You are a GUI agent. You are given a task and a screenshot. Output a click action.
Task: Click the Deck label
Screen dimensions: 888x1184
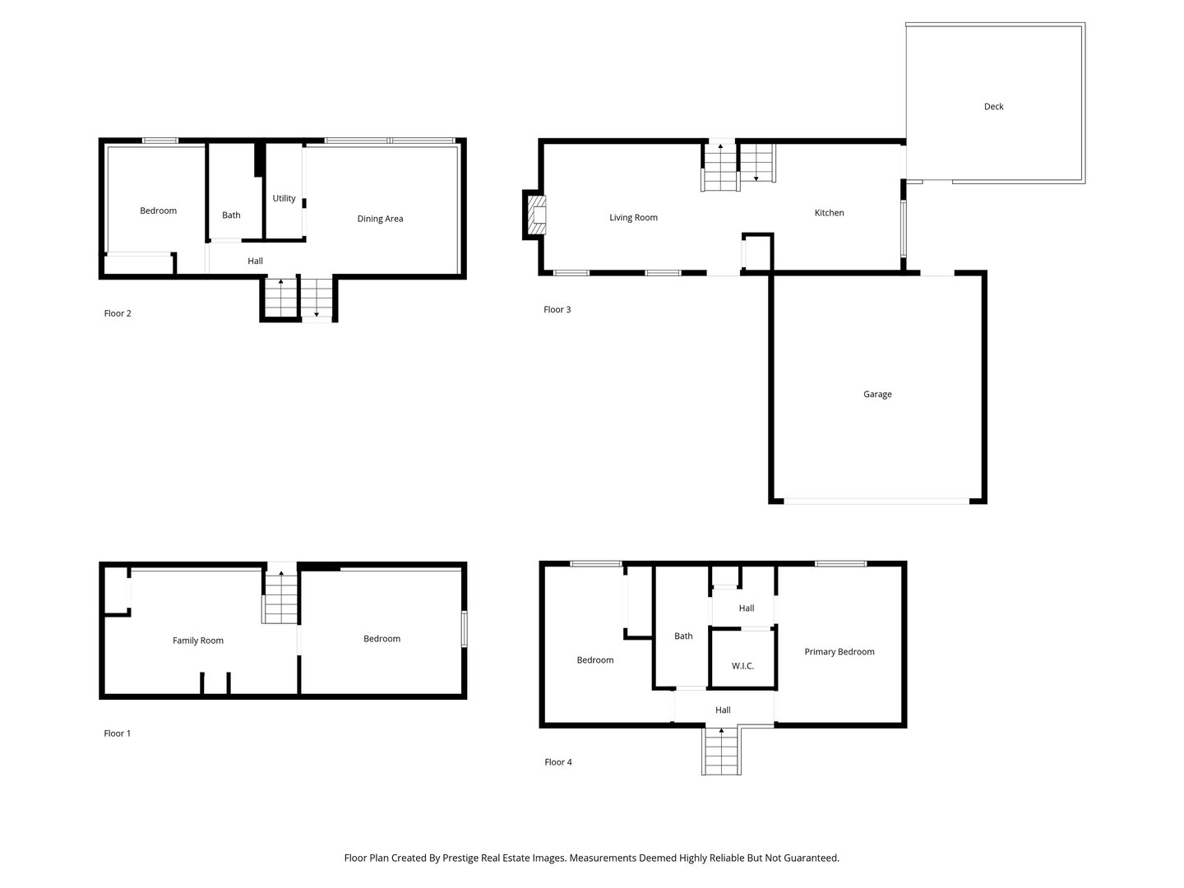(x=993, y=106)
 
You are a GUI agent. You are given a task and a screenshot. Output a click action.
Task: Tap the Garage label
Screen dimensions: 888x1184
(x=876, y=395)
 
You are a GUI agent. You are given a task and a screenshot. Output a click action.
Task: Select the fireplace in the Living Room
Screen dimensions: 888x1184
(x=536, y=215)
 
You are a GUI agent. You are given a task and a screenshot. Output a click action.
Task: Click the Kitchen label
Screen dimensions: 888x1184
(x=829, y=213)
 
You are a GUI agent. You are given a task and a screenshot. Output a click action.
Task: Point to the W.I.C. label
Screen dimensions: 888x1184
(x=742, y=666)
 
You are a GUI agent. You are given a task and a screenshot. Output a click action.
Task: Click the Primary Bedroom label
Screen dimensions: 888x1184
(x=839, y=652)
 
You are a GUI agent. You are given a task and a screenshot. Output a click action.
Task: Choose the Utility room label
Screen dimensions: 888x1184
(x=284, y=198)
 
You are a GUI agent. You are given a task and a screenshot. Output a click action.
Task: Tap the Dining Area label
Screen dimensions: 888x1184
(x=380, y=219)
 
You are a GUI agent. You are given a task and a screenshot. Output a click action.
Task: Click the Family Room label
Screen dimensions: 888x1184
(x=197, y=641)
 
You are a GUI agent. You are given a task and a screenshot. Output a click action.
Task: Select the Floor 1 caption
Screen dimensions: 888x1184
(x=117, y=733)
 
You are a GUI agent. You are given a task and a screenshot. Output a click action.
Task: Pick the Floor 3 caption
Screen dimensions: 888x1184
(x=557, y=310)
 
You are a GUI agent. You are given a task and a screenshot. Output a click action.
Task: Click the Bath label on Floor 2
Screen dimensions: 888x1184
(x=231, y=215)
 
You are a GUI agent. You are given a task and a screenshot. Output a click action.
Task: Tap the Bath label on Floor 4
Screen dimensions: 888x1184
(x=683, y=636)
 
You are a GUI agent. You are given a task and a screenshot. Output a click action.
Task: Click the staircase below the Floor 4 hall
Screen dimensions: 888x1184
(x=721, y=752)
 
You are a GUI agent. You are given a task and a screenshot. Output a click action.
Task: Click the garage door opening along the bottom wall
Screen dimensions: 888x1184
(x=876, y=500)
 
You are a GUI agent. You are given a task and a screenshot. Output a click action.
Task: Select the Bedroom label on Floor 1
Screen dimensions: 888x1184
(x=382, y=639)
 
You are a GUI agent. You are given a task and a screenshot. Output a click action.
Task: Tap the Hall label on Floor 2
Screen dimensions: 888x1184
(x=255, y=261)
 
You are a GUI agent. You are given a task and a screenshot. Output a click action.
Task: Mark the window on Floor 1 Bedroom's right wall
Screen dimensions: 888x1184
(x=465, y=629)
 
